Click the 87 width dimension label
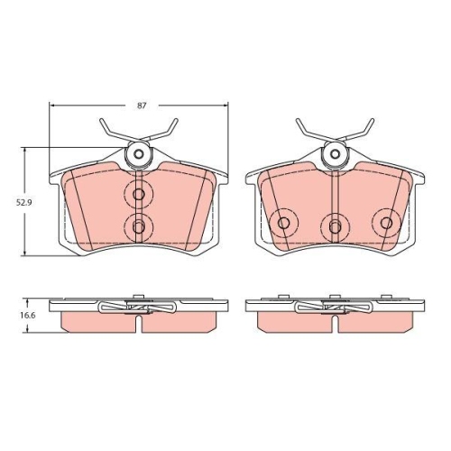click(x=142, y=106)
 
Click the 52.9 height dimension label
click(x=24, y=202)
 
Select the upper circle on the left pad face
click(x=138, y=194)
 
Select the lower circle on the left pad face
click(x=138, y=226)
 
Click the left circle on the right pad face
click(x=283, y=223)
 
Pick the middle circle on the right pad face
click(x=335, y=225)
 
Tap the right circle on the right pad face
click(x=386, y=223)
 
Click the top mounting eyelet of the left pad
click(x=138, y=154)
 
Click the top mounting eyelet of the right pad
click(x=335, y=154)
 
